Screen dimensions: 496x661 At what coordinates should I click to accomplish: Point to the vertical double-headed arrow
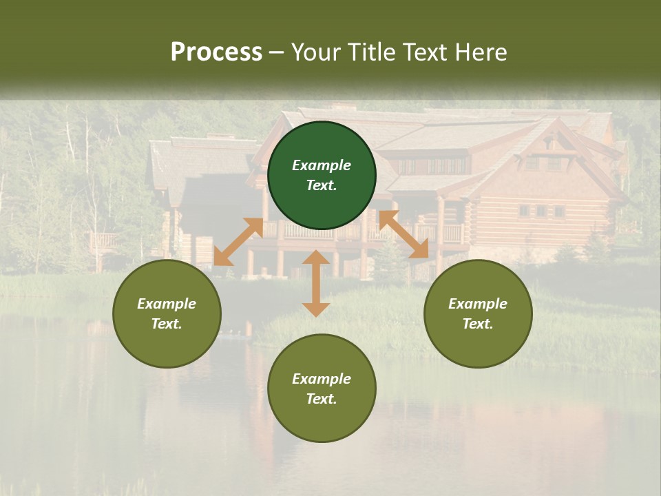click(315, 283)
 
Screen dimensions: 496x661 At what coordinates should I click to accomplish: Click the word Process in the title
click(216, 52)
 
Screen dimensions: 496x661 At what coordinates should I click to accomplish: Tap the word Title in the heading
click(372, 52)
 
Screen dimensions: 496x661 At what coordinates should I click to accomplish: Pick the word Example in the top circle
click(322, 165)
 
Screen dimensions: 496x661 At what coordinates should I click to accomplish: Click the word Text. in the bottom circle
click(322, 399)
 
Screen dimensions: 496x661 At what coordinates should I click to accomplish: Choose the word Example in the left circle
click(167, 304)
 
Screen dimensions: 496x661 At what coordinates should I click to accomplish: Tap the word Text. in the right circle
click(478, 324)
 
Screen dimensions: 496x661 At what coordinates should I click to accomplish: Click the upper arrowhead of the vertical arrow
click(315, 258)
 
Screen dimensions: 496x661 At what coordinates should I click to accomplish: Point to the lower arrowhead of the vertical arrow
click(315, 309)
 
